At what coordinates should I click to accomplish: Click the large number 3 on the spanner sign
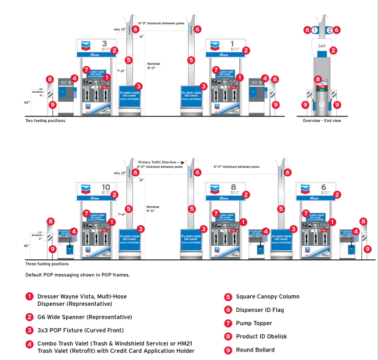point(104,44)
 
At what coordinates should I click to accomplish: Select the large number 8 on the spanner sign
point(233,187)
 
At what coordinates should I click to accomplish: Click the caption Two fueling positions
point(45,120)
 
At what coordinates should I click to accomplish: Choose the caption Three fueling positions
point(47,264)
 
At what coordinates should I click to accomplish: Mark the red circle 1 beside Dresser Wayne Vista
point(29,297)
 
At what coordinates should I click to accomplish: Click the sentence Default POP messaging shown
point(77,275)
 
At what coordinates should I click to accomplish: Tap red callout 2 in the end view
point(333,50)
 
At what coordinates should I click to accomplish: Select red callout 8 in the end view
point(317,79)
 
